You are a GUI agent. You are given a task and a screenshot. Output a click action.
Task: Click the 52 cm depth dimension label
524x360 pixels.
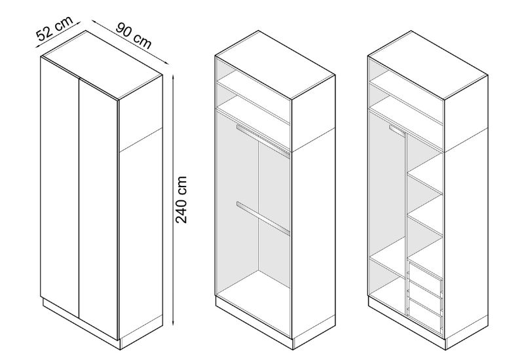[x=54, y=29]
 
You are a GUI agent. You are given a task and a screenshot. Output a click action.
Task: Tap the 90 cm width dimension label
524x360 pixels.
[x=134, y=36]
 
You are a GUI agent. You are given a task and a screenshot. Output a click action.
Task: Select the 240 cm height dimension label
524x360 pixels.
[x=181, y=200]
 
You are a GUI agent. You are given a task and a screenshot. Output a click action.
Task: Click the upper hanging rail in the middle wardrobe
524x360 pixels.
[x=263, y=140]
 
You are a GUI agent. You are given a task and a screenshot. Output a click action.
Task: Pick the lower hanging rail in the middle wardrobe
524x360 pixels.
[x=263, y=218]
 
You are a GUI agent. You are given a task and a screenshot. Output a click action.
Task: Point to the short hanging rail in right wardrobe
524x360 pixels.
[x=398, y=130]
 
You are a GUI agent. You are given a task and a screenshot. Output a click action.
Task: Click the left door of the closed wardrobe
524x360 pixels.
[x=60, y=185]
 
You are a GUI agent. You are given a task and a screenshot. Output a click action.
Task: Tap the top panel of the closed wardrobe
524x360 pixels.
[x=102, y=65]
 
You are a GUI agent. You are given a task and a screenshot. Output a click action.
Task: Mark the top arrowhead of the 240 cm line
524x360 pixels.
[x=173, y=77]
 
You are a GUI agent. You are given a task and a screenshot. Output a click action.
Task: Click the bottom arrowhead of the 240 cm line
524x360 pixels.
[x=173, y=323]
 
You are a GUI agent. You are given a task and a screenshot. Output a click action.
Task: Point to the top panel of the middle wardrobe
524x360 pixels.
[x=275, y=65]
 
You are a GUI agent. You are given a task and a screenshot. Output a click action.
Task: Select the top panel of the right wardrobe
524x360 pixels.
[x=428, y=65]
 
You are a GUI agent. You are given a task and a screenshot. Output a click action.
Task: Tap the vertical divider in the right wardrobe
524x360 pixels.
[x=406, y=224]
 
